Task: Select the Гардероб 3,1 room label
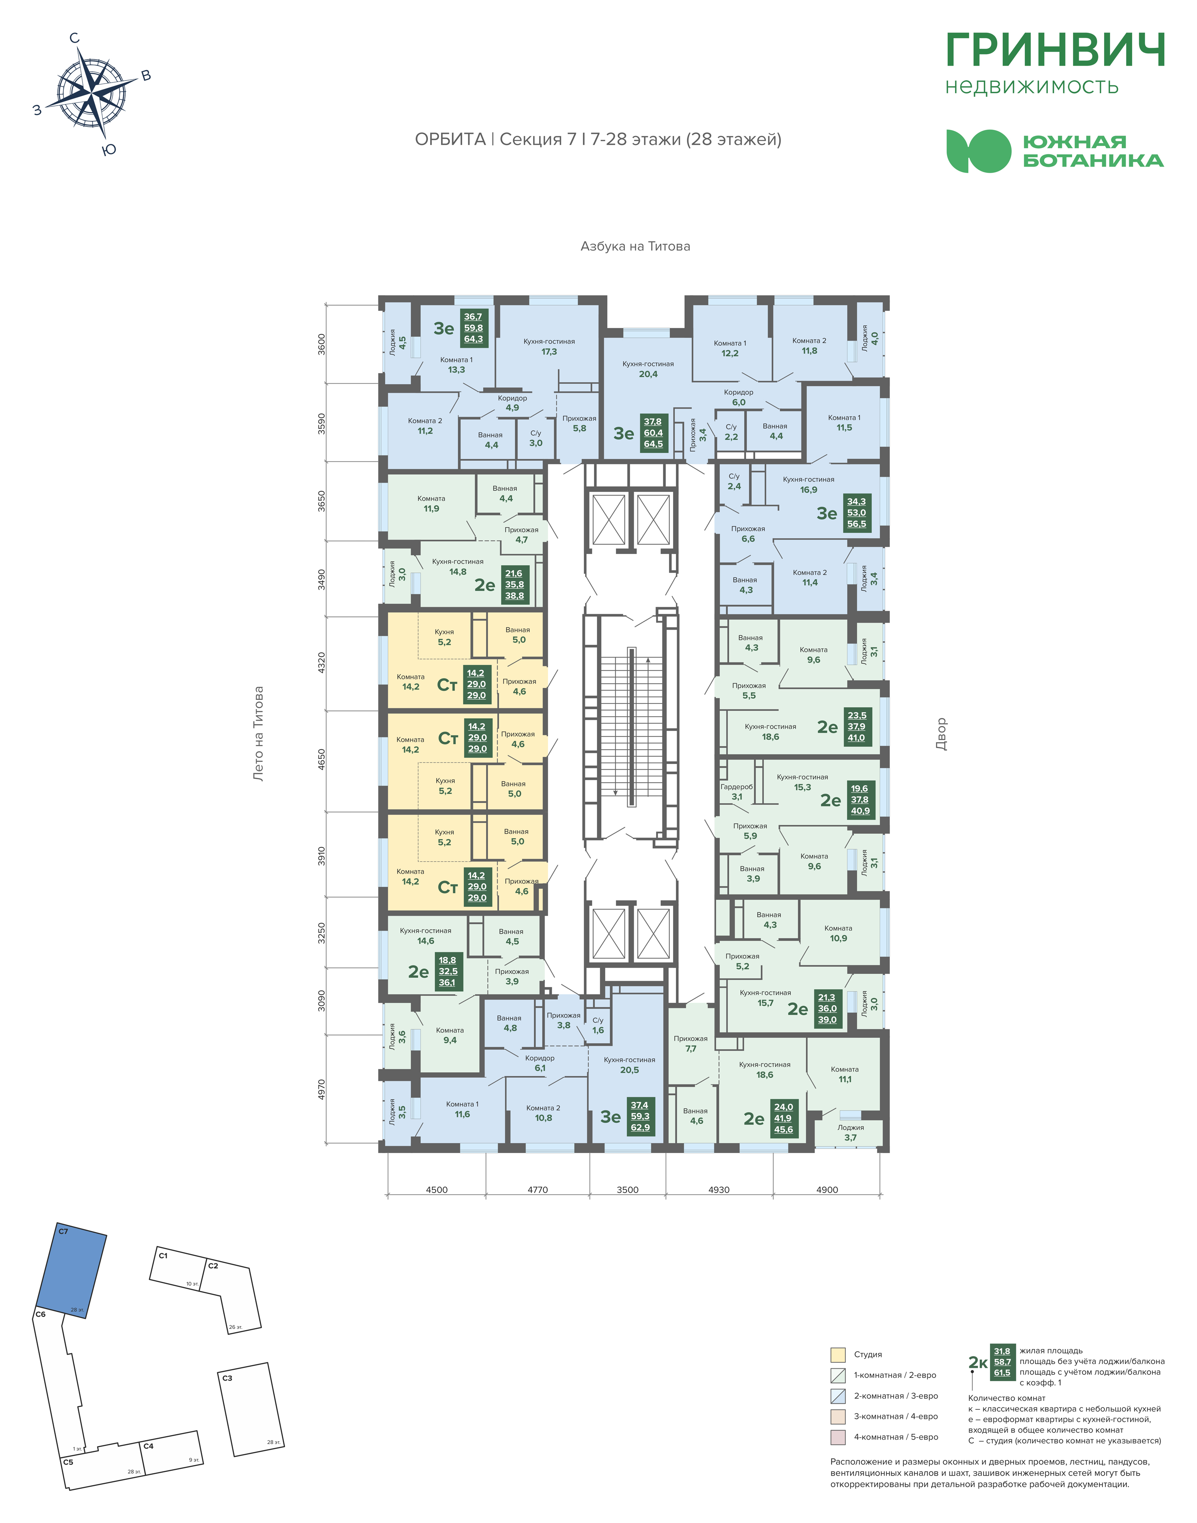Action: coord(736,792)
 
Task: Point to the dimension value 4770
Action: coord(537,1189)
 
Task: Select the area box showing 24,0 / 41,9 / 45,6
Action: coord(784,1118)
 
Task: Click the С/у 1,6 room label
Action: coord(598,1025)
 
